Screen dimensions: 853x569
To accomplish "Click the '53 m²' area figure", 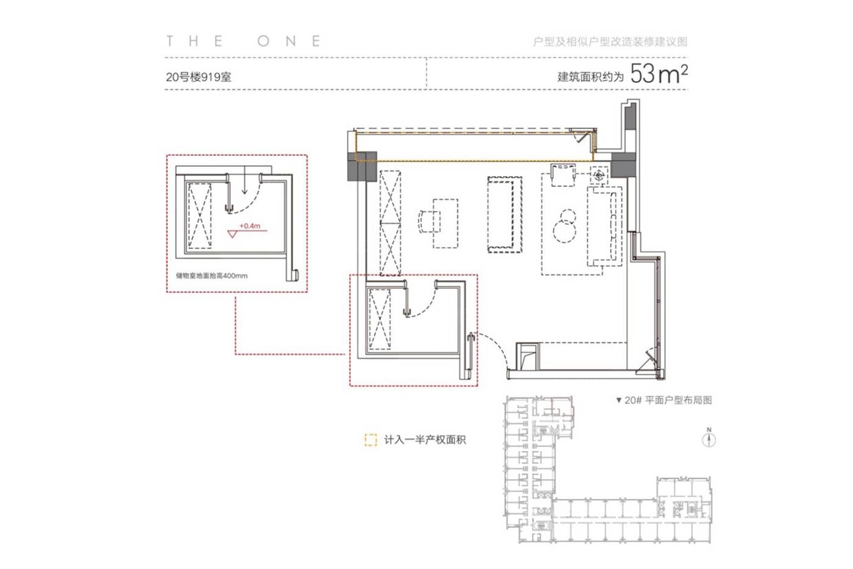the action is coord(659,74).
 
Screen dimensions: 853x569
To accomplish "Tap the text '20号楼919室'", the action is coord(199,77).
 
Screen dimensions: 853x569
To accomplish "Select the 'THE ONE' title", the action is coord(243,41).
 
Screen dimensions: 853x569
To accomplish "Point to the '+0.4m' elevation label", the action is coord(250,226).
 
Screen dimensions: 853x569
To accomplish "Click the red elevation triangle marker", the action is coord(232,234).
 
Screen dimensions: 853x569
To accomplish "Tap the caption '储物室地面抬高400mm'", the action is coord(212,275).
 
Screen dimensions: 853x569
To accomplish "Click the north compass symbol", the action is coord(709,438).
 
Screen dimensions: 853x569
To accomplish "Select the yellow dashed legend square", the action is coord(370,440).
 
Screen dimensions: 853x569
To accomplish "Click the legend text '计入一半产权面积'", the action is coord(425,440).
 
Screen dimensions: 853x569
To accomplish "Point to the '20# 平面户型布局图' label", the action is coord(664,400).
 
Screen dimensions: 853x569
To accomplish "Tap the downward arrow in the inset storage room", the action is coord(244,180).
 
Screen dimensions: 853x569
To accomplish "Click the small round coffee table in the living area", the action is coord(564,231).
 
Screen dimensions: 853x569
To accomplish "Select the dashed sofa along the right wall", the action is coord(604,227).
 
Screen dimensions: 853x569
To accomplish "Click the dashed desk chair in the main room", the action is coord(429,222).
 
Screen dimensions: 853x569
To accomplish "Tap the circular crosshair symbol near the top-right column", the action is coord(599,175).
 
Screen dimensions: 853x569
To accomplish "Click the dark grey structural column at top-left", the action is coord(362,166).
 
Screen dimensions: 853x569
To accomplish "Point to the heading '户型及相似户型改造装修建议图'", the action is coord(610,41).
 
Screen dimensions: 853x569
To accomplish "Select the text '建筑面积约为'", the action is coord(590,77).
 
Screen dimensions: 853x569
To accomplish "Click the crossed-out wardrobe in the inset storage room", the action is coord(200,216).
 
